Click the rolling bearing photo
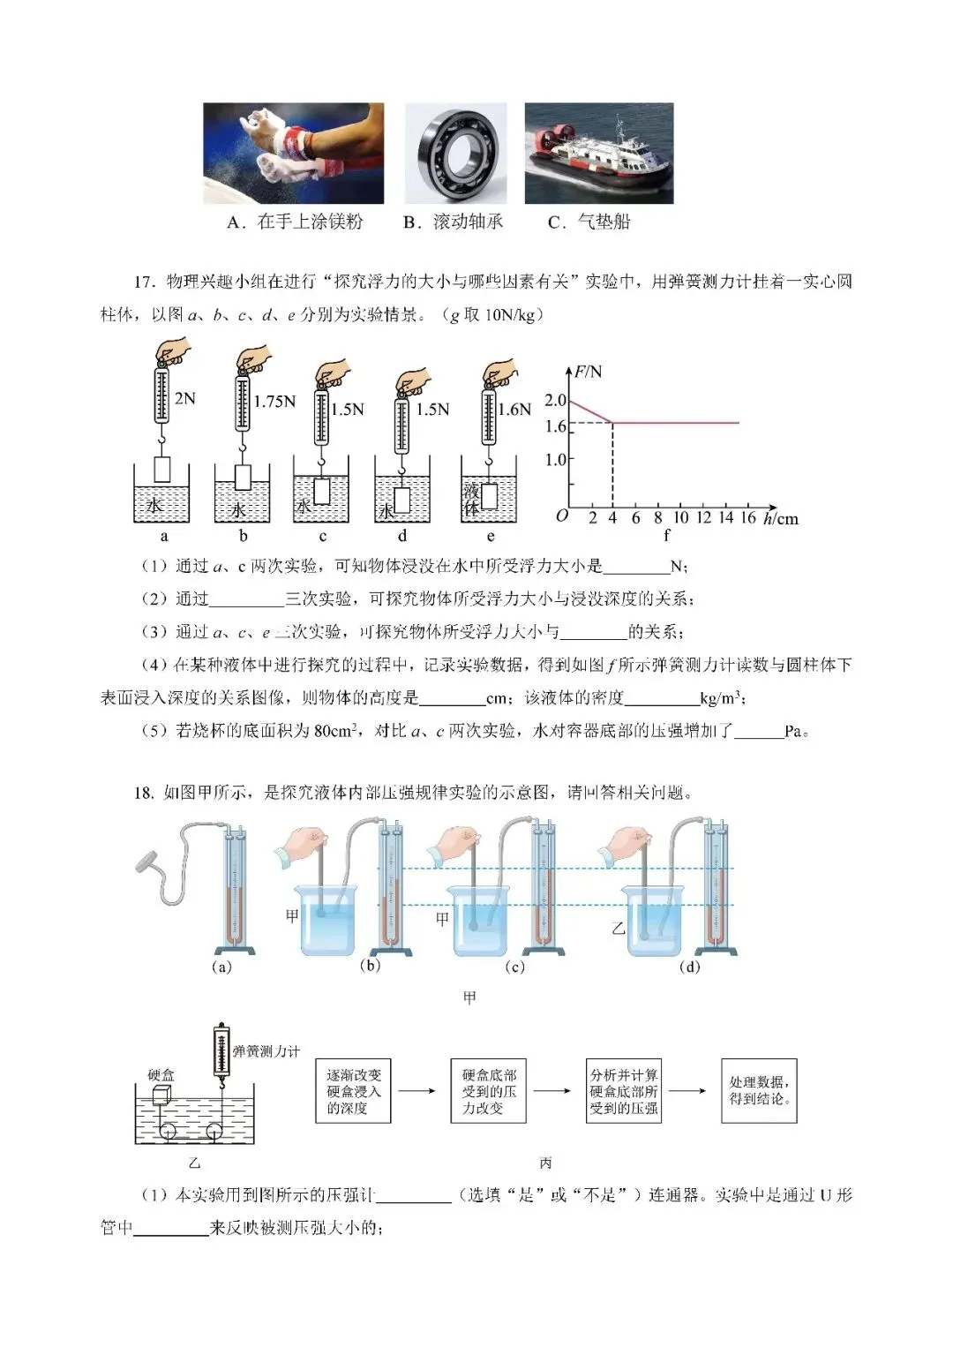click(455, 153)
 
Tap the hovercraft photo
click(598, 153)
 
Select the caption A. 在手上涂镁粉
click(295, 222)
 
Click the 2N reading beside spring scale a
click(185, 399)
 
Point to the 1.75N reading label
click(274, 403)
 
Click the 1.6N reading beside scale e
click(514, 410)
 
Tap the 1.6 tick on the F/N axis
click(555, 426)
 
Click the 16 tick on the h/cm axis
click(747, 518)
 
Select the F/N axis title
click(588, 372)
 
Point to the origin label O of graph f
click(562, 516)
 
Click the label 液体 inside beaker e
click(471, 499)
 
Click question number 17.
click(145, 282)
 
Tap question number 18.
click(145, 793)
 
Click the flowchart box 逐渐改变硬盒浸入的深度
click(354, 1091)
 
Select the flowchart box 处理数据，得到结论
click(759, 1091)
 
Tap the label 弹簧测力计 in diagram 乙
click(266, 1051)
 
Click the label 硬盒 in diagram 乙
click(161, 1074)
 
